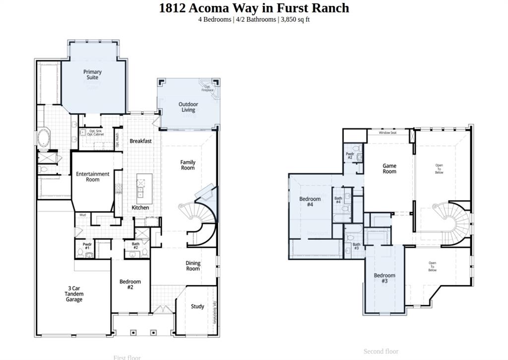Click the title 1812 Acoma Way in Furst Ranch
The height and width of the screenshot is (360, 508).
[x=254, y=8]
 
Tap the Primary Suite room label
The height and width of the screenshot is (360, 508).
[x=92, y=75]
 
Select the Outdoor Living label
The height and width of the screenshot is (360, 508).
[x=188, y=107]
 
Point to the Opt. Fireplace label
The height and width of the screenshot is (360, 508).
[x=207, y=88]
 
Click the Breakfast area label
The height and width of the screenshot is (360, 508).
[x=140, y=141]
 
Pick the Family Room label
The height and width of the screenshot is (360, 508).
[x=188, y=165]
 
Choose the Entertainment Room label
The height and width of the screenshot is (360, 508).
[x=92, y=177]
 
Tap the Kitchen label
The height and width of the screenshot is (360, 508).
[x=140, y=208]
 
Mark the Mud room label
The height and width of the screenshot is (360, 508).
[x=82, y=215]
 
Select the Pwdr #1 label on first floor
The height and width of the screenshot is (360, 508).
[x=87, y=246]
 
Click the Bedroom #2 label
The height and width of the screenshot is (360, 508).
[x=130, y=285]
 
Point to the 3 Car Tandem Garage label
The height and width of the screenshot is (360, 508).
[x=74, y=294]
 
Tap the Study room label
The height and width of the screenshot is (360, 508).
[x=197, y=306]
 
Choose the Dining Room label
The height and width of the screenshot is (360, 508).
[x=193, y=266]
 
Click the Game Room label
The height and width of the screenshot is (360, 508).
[x=389, y=169]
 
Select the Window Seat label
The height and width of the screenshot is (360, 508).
[x=387, y=133]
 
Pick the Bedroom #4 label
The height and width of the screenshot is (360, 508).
[x=310, y=202]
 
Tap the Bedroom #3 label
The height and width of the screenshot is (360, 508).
[x=384, y=278]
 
